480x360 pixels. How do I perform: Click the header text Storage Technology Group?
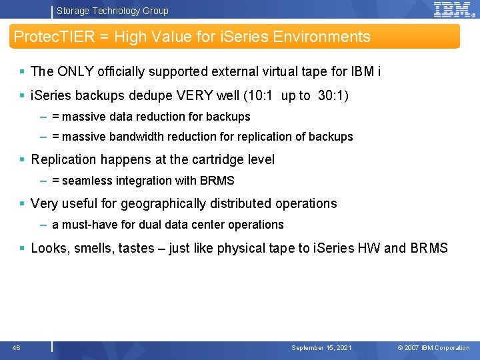[112, 11]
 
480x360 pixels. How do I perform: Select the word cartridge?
[216, 159]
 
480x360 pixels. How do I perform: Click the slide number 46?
[16, 347]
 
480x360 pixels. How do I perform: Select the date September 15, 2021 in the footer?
[321, 348]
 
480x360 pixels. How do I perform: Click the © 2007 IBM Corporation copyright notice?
[433, 348]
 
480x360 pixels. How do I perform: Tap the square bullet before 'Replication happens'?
[23, 160]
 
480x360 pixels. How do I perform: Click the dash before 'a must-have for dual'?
[43, 225]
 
